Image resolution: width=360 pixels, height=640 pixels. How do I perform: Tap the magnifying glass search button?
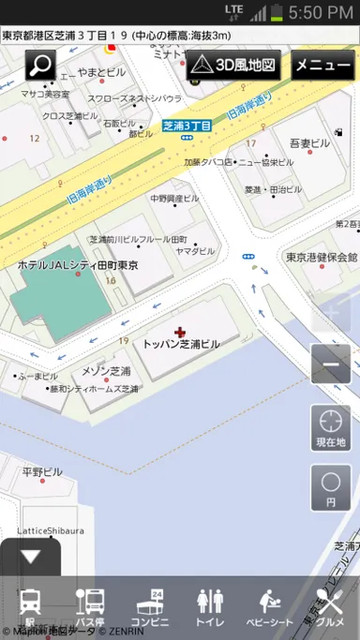coord(40,66)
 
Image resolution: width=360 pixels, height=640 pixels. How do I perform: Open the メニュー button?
coord(322,67)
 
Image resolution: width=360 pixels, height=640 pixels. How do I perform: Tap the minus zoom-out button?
coord(331,365)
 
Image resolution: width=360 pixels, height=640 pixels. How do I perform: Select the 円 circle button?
coord(331,487)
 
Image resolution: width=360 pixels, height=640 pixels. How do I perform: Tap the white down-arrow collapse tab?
coord(30,557)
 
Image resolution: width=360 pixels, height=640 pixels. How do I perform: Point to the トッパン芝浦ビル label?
coord(182,344)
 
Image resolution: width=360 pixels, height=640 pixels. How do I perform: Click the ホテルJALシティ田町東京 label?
coord(78,265)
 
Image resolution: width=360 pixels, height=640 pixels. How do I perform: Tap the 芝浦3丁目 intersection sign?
coord(188,125)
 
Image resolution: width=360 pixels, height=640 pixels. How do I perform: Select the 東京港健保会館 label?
coord(322,257)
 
